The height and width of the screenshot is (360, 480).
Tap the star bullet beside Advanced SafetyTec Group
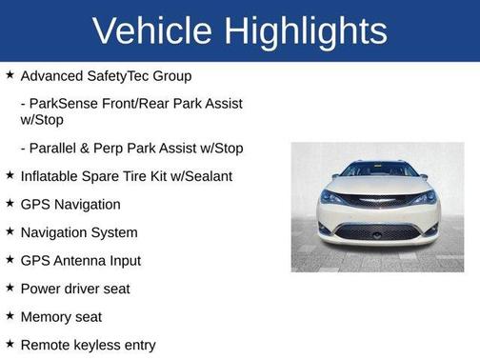(10, 74)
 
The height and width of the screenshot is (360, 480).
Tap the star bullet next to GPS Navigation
(10, 204)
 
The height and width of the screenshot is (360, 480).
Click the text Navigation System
(78, 232)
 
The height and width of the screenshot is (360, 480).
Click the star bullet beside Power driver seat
(10, 288)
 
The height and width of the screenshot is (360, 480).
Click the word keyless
(98, 345)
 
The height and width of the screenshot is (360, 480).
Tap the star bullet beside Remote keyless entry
(10, 344)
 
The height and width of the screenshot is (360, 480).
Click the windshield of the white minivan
(378, 171)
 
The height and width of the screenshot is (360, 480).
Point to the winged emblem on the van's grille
(378, 201)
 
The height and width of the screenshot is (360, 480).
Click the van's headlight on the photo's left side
(333, 198)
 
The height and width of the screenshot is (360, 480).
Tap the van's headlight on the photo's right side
(423, 198)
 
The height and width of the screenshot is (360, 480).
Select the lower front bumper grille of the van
(378, 231)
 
